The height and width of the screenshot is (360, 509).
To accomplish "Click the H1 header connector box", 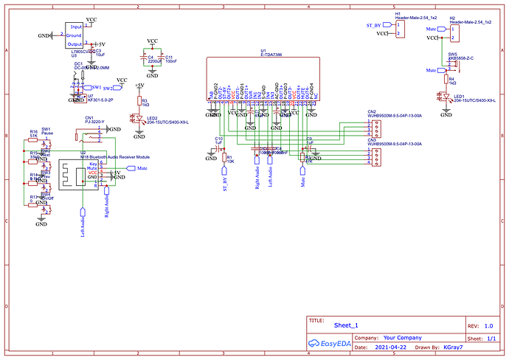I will point(399,29).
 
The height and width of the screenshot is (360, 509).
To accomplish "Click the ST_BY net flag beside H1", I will point(374,25).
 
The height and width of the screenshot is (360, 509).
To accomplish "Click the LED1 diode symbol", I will point(446,97).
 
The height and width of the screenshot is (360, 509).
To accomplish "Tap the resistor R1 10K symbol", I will point(223,157).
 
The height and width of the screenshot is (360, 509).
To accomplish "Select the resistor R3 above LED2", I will point(137,101).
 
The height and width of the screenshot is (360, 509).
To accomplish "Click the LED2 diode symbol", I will point(137,118).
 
